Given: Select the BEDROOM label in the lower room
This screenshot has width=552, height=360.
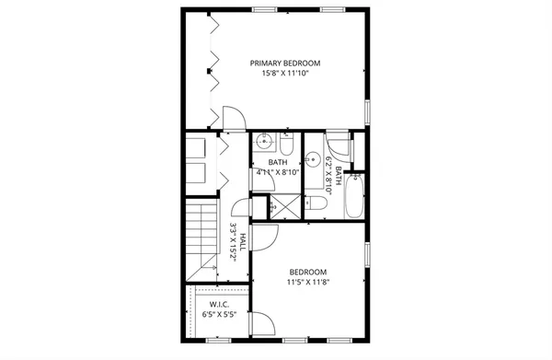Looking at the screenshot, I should (308, 272).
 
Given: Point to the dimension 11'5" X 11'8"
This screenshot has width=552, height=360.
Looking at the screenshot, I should (308, 283).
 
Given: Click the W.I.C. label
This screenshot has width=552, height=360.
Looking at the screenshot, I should (219, 305).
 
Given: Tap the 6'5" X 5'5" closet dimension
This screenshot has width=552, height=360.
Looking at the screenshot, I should (219, 315).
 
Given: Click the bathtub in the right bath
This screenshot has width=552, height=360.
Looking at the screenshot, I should (355, 198).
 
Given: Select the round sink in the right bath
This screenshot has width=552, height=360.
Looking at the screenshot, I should (313, 157).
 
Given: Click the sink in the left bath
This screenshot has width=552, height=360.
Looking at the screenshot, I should (264, 143).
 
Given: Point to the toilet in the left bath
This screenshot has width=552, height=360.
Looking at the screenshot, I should (286, 147).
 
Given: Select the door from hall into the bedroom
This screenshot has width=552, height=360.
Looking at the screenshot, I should (266, 236).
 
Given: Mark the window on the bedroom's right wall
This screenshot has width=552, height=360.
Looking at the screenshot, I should (366, 256).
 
